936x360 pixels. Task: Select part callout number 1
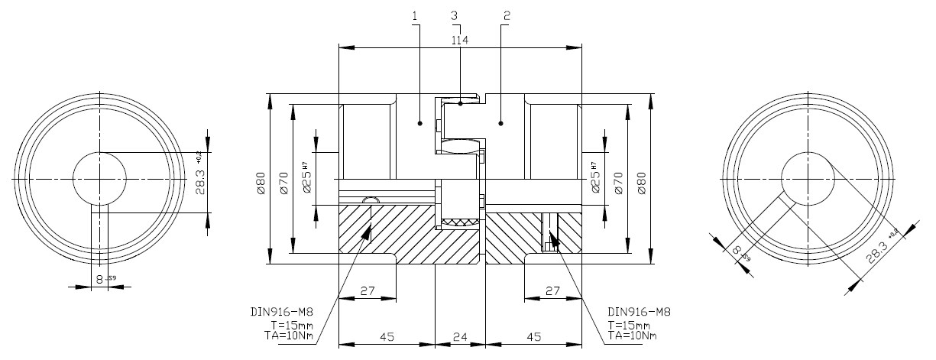pyautogui.click(x=415, y=16)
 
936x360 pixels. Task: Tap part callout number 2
pyautogui.click(x=507, y=16)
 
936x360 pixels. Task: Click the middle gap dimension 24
pyautogui.click(x=460, y=336)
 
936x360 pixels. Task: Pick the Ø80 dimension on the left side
pyautogui.click(x=260, y=183)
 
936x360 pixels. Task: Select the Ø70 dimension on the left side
pyautogui.click(x=283, y=183)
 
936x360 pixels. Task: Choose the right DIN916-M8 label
pyautogui.click(x=638, y=312)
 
